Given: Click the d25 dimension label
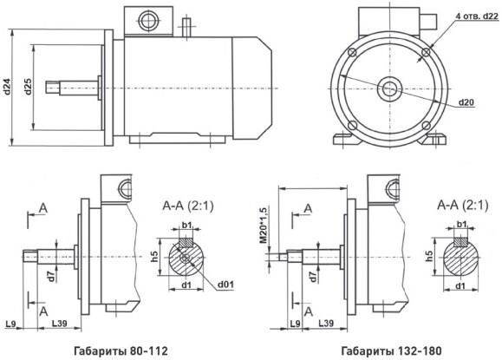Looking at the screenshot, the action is pos(28,87).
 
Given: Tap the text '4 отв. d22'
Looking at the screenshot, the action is pos(476,16).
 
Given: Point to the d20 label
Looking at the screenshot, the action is pos(466,102).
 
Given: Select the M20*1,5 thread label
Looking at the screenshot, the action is pos(263,226).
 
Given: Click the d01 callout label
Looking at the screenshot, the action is pos(225,285).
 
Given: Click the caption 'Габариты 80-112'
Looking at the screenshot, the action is pos(121,351).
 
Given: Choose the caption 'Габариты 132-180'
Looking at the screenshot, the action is pos(391,351).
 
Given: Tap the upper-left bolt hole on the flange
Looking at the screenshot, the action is pos(352,52).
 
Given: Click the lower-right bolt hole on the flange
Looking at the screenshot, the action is pos(426,125).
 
